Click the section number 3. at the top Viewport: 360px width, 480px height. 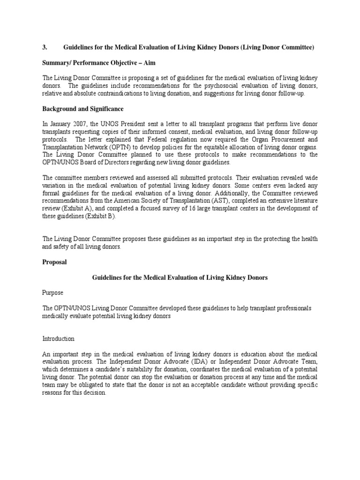tap(45, 47)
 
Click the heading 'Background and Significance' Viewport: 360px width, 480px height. tap(83, 109)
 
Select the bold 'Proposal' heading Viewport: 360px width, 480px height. tap(54, 262)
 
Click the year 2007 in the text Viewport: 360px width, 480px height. tap(79, 124)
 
